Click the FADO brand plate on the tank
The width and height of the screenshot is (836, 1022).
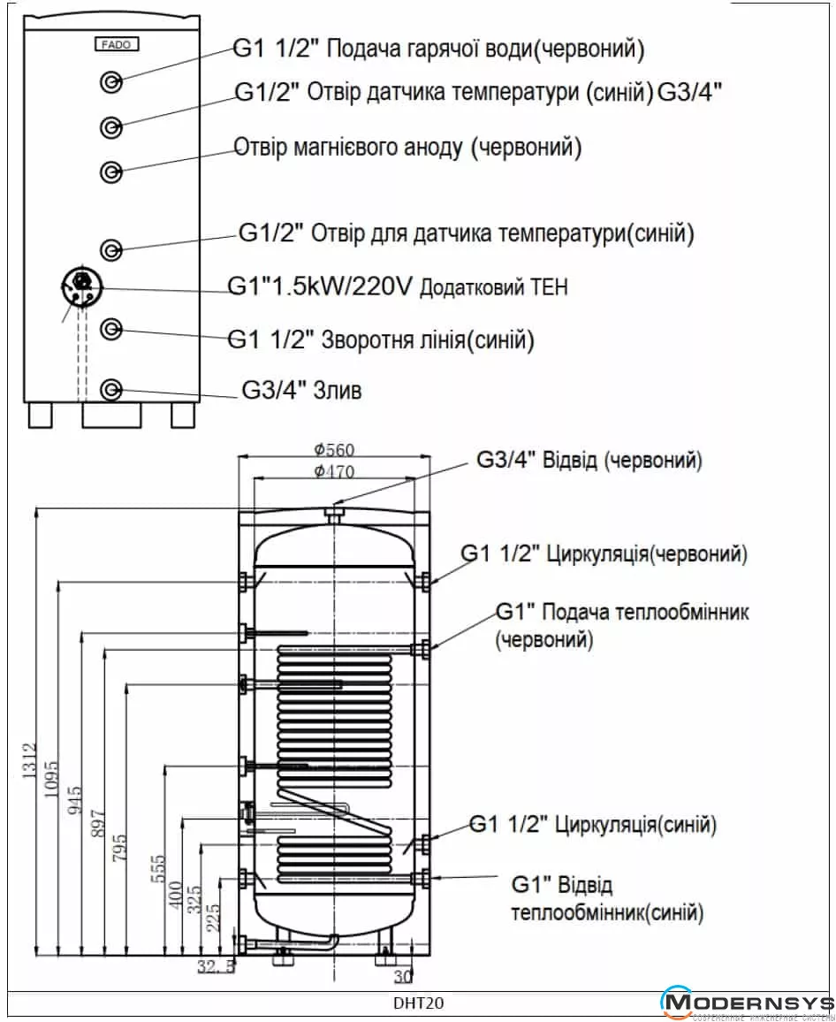tap(117, 44)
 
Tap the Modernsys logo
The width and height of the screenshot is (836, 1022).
tap(748, 1003)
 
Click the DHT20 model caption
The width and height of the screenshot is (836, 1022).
tap(418, 1003)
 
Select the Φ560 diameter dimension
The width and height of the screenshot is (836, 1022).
tap(334, 449)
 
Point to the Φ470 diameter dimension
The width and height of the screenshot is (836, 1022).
tap(334, 470)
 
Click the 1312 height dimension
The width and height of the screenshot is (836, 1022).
tap(29, 760)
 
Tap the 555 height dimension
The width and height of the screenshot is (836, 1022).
tap(158, 869)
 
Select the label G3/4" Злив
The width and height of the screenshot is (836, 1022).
tap(301, 390)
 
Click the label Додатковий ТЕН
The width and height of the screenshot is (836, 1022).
tap(493, 286)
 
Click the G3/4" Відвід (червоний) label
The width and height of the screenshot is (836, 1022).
tap(589, 460)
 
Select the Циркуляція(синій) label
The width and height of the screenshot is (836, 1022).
tap(635, 825)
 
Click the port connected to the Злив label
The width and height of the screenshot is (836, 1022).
tap(111, 389)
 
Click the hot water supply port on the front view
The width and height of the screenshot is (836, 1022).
tap(111, 82)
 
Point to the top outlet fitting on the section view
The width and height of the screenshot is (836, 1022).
tap(334, 514)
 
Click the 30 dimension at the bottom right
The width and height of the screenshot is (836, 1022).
tap(403, 976)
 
